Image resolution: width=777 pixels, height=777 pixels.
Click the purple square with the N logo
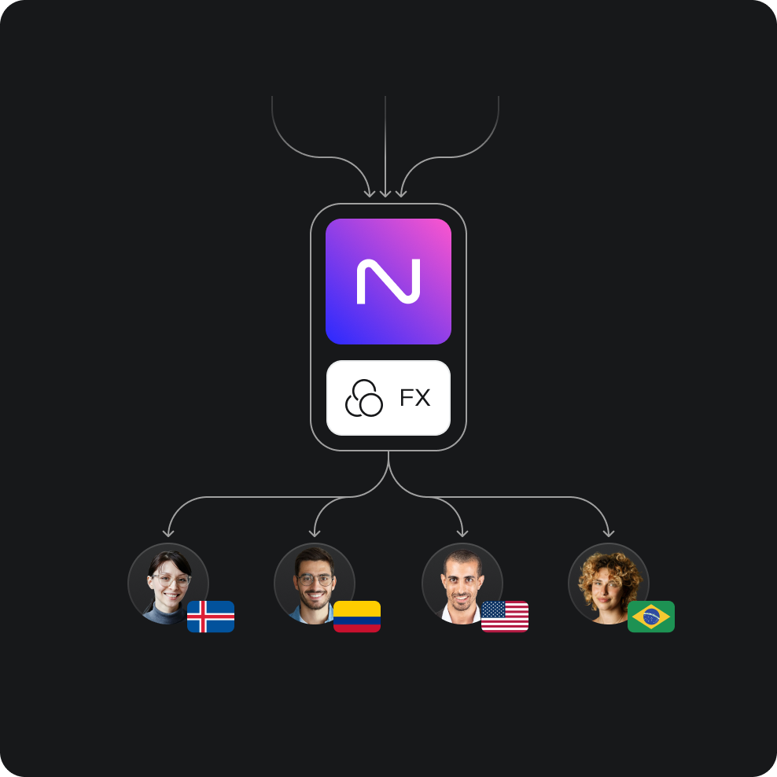[388, 281]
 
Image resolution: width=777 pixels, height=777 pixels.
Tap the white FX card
[388, 398]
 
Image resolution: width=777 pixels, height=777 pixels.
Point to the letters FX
[414, 398]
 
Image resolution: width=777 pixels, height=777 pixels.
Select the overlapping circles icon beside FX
[363, 398]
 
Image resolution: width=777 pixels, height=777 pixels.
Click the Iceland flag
[211, 617]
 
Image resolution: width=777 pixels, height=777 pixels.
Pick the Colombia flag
[357, 617]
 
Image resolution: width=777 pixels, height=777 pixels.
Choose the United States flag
[505, 617]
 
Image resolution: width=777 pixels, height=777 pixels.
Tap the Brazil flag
[651, 617]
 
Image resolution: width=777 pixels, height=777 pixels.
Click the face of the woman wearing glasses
[170, 582]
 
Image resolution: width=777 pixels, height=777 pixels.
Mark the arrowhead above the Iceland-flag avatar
[168, 533]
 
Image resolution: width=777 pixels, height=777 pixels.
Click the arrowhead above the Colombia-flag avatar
[315, 533]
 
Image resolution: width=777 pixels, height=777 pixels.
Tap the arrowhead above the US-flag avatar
[462, 533]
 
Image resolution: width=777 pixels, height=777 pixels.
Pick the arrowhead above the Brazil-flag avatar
[609, 533]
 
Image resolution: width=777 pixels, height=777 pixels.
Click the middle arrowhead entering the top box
[385, 193]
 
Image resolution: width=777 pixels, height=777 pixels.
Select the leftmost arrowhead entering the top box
[370, 193]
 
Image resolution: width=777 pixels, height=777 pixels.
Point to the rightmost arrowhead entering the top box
[401, 193]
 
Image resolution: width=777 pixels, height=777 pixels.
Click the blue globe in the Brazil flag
[651, 617]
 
